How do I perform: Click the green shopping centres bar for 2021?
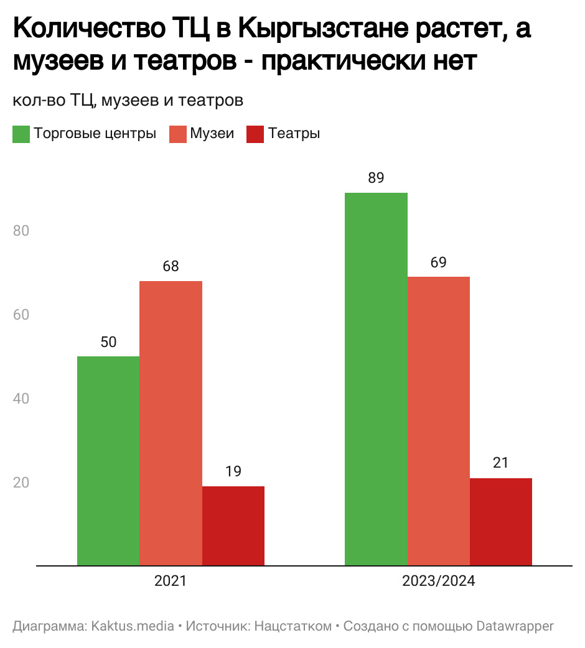point(108,461)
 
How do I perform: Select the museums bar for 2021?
point(171,423)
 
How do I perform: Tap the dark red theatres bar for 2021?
point(233,525)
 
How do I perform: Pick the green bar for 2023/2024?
point(376,379)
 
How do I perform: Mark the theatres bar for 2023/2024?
point(500,522)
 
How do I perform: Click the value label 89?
point(376,178)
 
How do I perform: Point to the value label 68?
point(171,266)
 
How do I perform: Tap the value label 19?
point(233,471)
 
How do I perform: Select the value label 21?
point(500,463)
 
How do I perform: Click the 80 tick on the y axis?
point(22,231)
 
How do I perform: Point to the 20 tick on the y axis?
point(22,483)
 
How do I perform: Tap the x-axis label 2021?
point(171,582)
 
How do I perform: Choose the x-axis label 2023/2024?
point(438,582)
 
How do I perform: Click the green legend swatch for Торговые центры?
point(21,134)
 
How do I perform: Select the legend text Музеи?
point(212,134)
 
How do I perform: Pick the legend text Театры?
point(294,134)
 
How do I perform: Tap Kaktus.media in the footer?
point(133,626)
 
